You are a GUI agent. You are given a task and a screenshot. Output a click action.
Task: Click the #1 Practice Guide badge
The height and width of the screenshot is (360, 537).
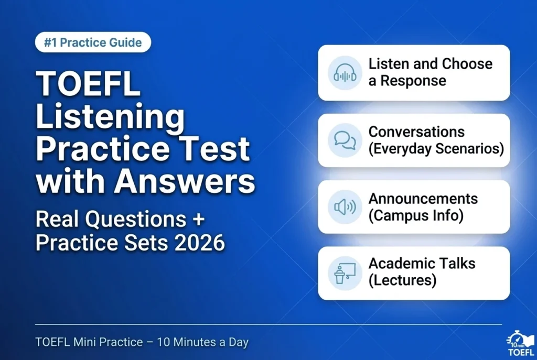point(93,42)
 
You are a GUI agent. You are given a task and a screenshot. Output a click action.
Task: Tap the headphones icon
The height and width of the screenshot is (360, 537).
point(345,73)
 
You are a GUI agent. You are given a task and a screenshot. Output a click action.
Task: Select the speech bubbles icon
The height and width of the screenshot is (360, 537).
point(345,140)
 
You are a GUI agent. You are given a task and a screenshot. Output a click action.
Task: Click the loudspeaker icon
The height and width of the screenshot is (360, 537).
point(345,207)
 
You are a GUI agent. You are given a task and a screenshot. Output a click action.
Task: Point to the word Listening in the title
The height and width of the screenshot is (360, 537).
point(110,118)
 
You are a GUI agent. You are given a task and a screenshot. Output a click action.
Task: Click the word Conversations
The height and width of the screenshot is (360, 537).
point(416,132)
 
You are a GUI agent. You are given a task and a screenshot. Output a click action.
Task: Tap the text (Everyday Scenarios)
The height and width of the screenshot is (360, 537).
point(436,148)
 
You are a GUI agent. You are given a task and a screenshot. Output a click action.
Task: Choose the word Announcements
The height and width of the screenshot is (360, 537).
point(423,199)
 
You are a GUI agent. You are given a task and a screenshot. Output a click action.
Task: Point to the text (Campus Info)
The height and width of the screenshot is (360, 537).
point(416,215)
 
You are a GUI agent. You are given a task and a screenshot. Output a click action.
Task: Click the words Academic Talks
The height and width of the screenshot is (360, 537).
point(422,263)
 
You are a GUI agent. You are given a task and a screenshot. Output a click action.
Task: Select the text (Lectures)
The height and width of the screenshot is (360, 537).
point(402,280)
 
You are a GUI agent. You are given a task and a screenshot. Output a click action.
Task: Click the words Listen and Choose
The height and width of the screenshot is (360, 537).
point(430,64)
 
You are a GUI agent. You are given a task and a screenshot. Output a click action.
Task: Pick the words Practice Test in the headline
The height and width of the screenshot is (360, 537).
point(142,149)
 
